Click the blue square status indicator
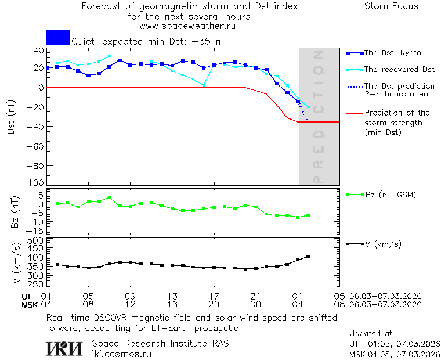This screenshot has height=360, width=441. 58,37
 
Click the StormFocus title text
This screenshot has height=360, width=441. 391,6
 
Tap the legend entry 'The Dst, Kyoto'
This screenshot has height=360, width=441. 392,53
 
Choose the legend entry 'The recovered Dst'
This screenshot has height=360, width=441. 399,70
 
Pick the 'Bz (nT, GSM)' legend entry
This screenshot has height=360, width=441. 390,195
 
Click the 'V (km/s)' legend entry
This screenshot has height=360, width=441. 382,244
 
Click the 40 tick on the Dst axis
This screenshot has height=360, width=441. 38,51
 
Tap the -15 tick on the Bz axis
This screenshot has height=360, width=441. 37,231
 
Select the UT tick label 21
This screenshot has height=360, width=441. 256,296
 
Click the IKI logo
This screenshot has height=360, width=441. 64,348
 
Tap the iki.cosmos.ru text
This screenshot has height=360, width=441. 121,354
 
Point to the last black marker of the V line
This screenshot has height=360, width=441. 308,256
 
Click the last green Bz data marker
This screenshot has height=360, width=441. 308,215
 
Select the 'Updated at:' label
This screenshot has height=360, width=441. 372,334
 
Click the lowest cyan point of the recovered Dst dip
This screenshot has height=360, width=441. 204,85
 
